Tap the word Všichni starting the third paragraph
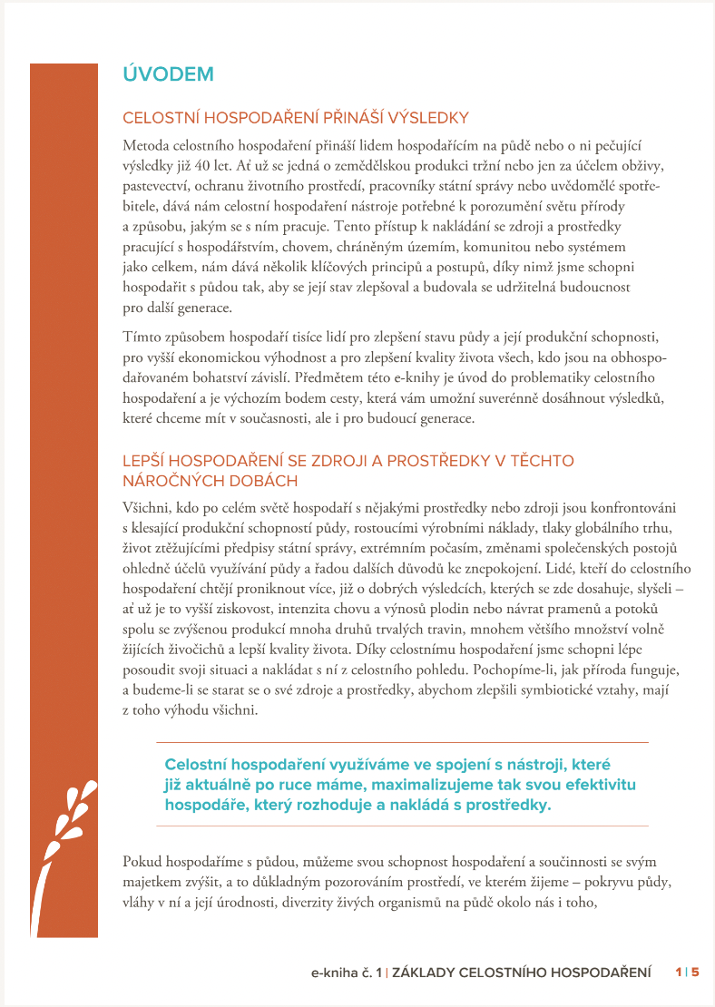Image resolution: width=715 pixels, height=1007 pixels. (x=145, y=506)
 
